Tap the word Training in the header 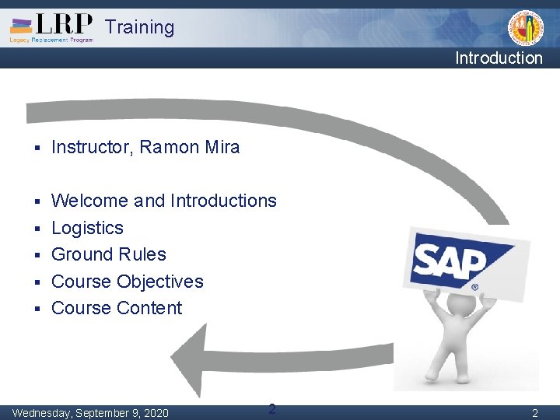tap(140, 27)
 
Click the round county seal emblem tap(526, 28)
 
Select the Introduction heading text tap(499, 58)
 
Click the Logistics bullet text tap(87, 228)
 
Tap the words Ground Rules tap(108, 254)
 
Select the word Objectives tap(159, 282)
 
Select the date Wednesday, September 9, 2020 tap(90, 412)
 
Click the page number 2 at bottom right tap(534, 413)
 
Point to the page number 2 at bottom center tap(271, 409)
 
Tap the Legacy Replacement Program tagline tap(51, 40)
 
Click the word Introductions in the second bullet tap(223, 201)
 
